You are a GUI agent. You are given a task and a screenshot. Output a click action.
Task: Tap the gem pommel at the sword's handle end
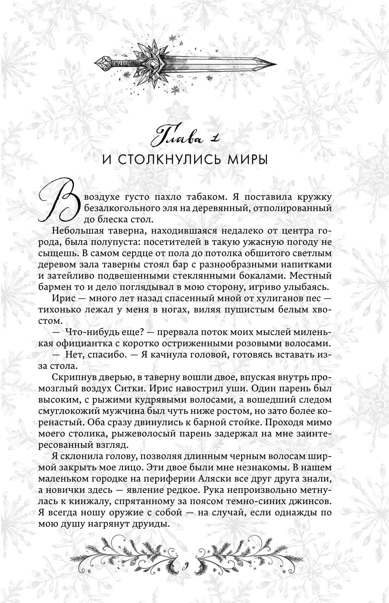(102, 62)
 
